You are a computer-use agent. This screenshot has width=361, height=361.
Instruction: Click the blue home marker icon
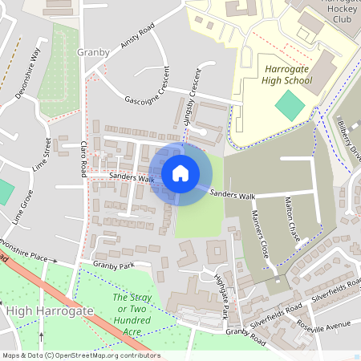pyautogui.click(x=180, y=172)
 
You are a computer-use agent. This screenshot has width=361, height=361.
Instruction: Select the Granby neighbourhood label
pyautogui.click(x=93, y=52)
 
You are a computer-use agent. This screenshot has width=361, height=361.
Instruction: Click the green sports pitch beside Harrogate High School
pyautogui.click(x=289, y=103)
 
